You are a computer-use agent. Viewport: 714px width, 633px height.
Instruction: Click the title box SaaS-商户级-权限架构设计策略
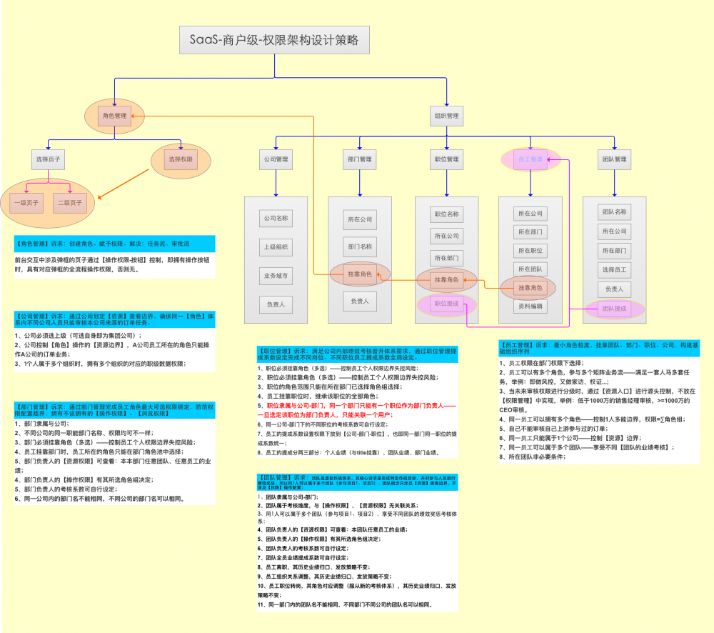click(x=274, y=41)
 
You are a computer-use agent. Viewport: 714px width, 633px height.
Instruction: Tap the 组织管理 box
click(x=447, y=116)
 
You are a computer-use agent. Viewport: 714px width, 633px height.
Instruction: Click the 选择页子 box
click(x=49, y=159)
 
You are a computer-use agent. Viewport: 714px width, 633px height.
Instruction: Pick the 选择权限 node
click(x=180, y=159)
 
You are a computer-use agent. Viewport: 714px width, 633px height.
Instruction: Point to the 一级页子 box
click(x=29, y=203)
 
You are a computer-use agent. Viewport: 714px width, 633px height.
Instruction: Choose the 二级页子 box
click(x=69, y=203)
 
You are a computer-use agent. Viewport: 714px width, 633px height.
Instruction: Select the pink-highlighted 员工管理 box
click(x=531, y=159)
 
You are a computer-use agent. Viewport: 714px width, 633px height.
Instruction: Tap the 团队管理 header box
click(x=614, y=159)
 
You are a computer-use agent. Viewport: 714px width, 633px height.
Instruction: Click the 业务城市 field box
click(x=276, y=276)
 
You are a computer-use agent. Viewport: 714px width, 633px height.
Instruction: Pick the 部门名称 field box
click(x=360, y=246)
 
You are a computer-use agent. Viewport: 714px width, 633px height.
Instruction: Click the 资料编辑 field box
click(x=531, y=306)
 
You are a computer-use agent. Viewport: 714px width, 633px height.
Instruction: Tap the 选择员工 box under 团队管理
click(x=614, y=269)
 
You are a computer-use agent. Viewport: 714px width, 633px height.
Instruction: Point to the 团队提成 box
click(x=614, y=309)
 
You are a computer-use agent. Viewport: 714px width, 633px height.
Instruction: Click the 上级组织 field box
click(x=276, y=247)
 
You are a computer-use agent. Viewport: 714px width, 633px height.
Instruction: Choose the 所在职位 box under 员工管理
click(x=531, y=251)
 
